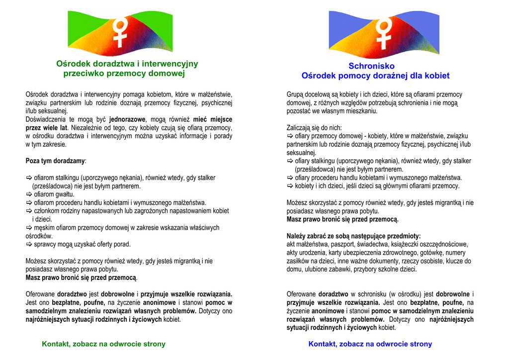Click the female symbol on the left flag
coord(119,32)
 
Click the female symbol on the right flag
coord(384,33)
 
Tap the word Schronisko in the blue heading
coord(371,66)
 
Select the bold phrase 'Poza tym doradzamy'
coord(55,161)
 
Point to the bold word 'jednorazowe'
coord(127,119)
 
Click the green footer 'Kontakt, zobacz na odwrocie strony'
coord(103,344)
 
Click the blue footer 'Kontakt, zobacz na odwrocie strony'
coord(370,344)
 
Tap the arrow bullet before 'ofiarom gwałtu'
coord(29,194)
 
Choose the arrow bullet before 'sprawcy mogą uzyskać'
coord(29,245)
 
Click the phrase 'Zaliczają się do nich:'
coord(314,128)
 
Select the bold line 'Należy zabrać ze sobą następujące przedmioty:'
coord(353,236)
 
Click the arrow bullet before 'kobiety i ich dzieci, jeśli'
coord(290,186)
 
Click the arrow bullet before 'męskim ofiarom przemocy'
coord(29,228)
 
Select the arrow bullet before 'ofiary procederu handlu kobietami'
coord(290,178)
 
